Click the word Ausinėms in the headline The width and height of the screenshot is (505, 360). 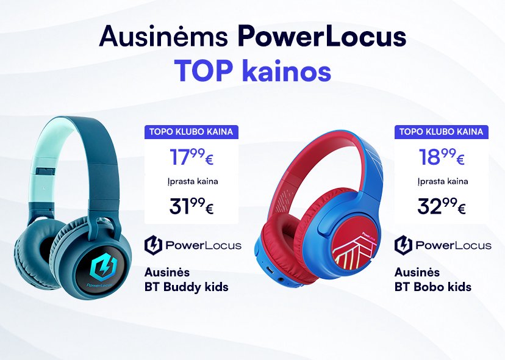click(163, 36)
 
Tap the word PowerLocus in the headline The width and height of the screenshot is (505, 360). click(322, 36)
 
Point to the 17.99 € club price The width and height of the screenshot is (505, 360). click(192, 157)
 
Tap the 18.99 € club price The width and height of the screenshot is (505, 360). click(442, 157)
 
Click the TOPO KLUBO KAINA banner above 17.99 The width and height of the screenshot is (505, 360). click(192, 132)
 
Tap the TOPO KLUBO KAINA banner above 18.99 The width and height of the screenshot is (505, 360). click(441, 132)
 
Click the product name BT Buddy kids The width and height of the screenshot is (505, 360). click(186, 287)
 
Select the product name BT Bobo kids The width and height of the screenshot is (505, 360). click(433, 287)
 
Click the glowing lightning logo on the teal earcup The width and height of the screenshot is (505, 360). click(102, 268)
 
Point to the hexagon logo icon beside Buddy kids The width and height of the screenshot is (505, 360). click(153, 245)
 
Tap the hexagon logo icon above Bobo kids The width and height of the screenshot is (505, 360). click(403, 245)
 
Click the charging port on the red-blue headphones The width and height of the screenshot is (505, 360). click(270, 270)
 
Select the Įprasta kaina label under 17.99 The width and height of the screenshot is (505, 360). click(193, 182)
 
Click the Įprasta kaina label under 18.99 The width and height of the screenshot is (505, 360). click(443, 182)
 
